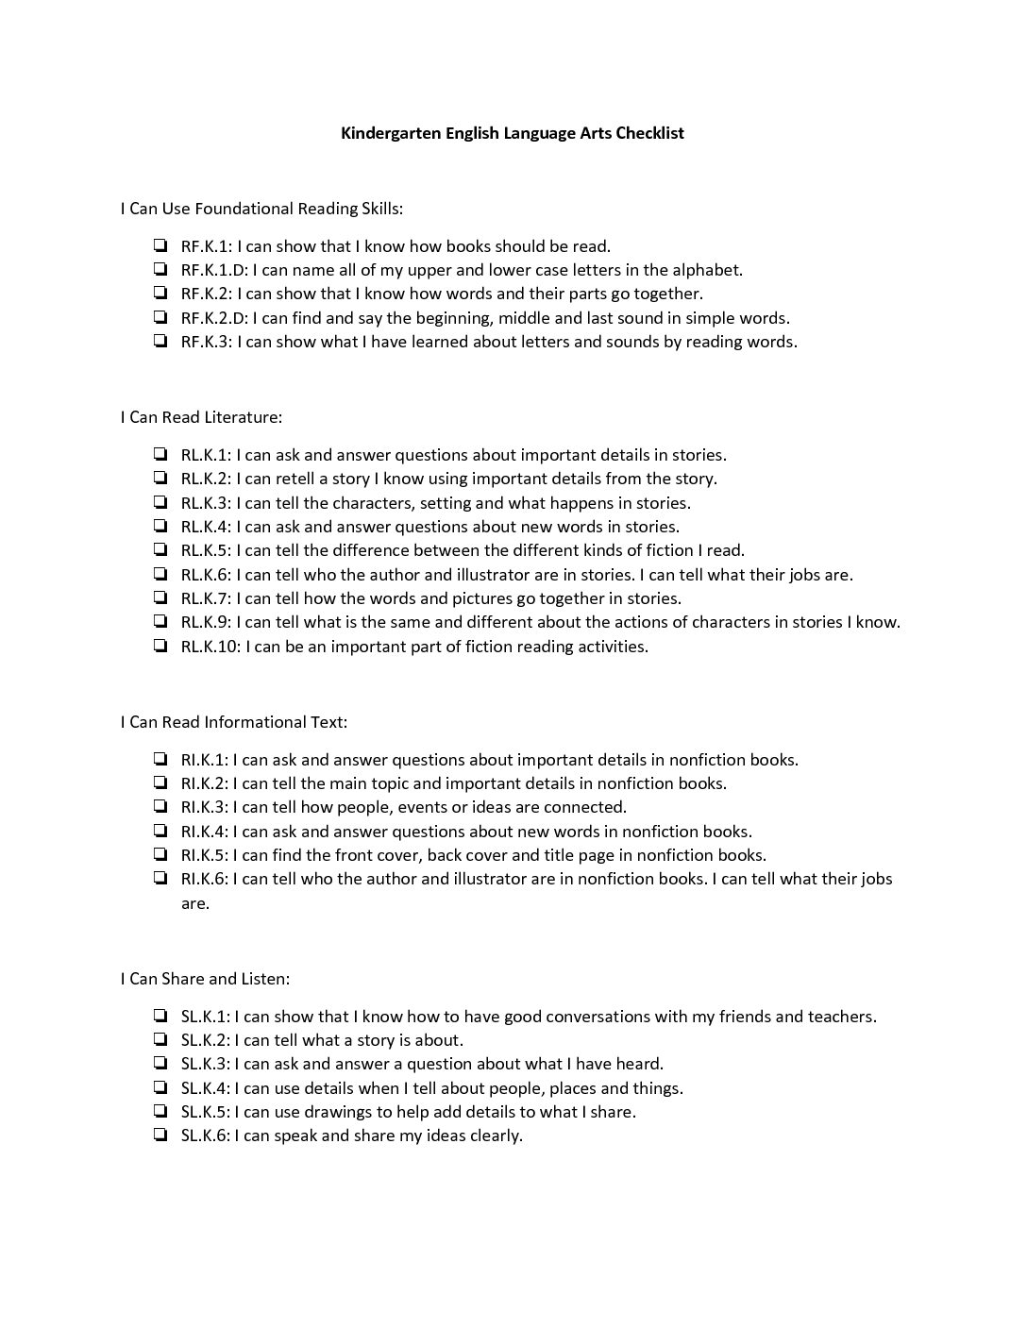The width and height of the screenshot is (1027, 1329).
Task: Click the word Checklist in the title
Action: [649, 133]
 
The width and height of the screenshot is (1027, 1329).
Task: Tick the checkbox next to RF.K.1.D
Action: [160, 270]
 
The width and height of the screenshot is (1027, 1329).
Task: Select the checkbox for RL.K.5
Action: [160, 550]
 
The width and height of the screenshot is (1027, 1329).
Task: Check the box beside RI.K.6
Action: [160, 879]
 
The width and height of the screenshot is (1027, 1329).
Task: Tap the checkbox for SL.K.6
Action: [160, 1136]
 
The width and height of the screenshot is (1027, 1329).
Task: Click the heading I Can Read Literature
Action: [201, 417]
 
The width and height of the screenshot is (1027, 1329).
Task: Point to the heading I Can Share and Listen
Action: [205, 979]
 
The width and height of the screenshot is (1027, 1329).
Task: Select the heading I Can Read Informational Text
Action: [234, 722]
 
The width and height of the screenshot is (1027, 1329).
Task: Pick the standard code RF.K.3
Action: [205, 342]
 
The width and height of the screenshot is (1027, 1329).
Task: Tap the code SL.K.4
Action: [204, 1088]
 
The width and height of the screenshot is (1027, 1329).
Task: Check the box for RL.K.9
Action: [160, 622]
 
